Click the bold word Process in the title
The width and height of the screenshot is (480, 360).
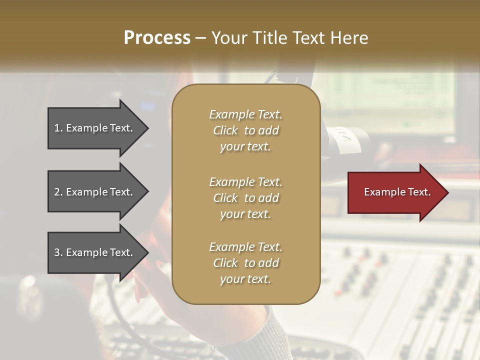(157, 38)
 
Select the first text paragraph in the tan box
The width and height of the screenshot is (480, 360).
(245, 130)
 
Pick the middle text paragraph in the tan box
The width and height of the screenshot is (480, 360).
(245, 197)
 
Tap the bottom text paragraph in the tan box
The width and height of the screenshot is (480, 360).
(245, 263)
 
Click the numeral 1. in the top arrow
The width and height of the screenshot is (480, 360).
(58, 128)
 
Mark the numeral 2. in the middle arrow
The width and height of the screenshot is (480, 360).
(58, 192)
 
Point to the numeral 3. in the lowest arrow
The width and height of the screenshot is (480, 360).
(58, 252)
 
